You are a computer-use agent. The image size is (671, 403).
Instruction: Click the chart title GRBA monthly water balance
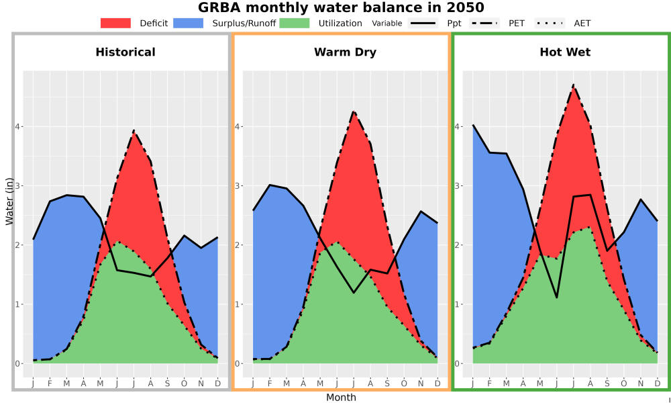point(341,7)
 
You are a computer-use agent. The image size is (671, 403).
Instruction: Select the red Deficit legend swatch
point(115,23)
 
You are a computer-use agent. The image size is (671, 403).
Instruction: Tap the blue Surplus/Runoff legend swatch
point(189,23)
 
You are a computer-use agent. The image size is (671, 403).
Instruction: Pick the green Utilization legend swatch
point(295,23)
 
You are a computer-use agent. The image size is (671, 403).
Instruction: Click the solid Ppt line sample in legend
point(423,23)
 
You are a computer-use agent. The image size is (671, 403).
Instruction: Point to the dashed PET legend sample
point(484,23)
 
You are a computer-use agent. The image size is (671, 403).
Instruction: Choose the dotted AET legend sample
point(550,23)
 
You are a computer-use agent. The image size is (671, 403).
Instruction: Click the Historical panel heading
point(125,52)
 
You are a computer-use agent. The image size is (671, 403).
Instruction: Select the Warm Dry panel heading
point(345,52)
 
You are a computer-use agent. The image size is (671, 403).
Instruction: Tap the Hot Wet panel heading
point(565,52)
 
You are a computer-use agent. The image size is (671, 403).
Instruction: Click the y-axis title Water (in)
point(9,201)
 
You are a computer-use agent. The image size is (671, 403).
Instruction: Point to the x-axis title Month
point(341,398)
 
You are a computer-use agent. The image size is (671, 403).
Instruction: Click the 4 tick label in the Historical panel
point(18,127)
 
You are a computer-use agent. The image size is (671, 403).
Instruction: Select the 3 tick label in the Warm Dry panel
point(238,186)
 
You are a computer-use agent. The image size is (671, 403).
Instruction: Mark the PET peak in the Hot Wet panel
point(574,85)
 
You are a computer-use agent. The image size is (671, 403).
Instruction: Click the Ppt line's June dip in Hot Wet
point(557,298)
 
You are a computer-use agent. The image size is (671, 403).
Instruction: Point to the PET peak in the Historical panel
point(134,130)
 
